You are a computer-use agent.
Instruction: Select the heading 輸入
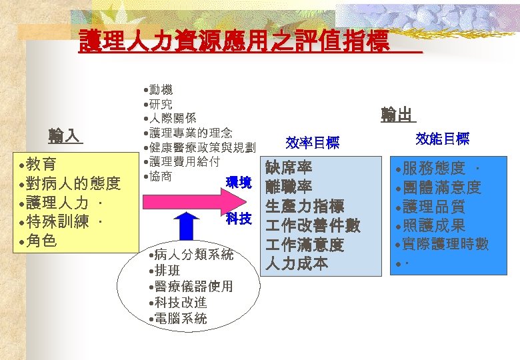point(65,137)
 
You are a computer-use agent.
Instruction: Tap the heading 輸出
point(397,115)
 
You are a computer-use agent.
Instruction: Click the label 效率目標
point(313,143)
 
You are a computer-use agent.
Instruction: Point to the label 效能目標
point(442,139)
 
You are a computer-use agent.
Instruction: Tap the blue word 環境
point(238,182)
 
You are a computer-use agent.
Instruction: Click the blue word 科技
point(238,218)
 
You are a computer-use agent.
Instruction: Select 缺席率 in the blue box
point(288,167)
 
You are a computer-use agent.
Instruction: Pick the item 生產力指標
point(304,206)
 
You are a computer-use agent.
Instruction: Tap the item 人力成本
point(296,264)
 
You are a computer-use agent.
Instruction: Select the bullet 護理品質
point(437,207)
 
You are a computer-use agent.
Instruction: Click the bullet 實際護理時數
point(445,245)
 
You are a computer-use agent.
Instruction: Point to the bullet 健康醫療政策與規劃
point(200,147)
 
